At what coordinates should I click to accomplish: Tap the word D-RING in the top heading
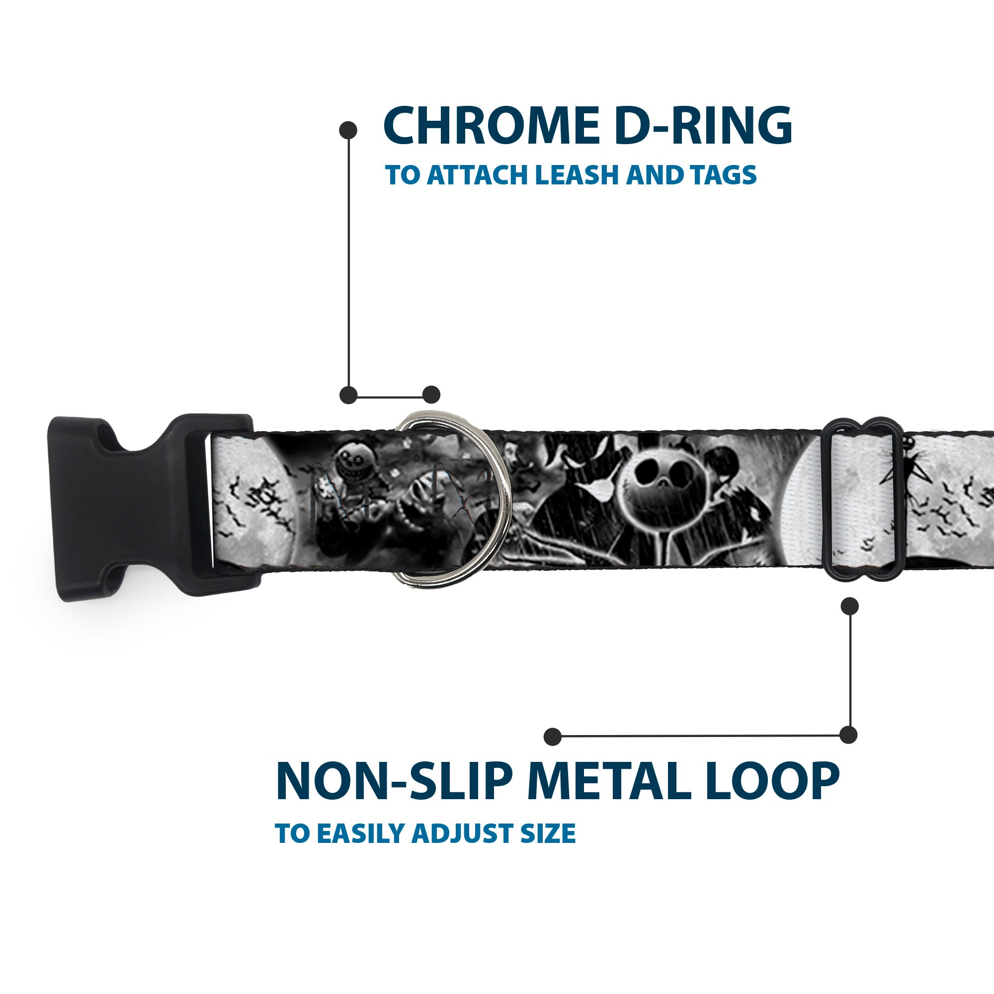pos(702,127)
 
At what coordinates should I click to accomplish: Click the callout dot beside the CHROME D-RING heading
pos(349,130)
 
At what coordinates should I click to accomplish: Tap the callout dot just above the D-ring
pos(431,395)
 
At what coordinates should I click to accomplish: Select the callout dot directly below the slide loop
pos(849,606)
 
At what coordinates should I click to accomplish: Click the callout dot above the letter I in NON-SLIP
pos(553,736)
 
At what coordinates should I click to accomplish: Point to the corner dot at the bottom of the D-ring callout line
pos(349,395)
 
